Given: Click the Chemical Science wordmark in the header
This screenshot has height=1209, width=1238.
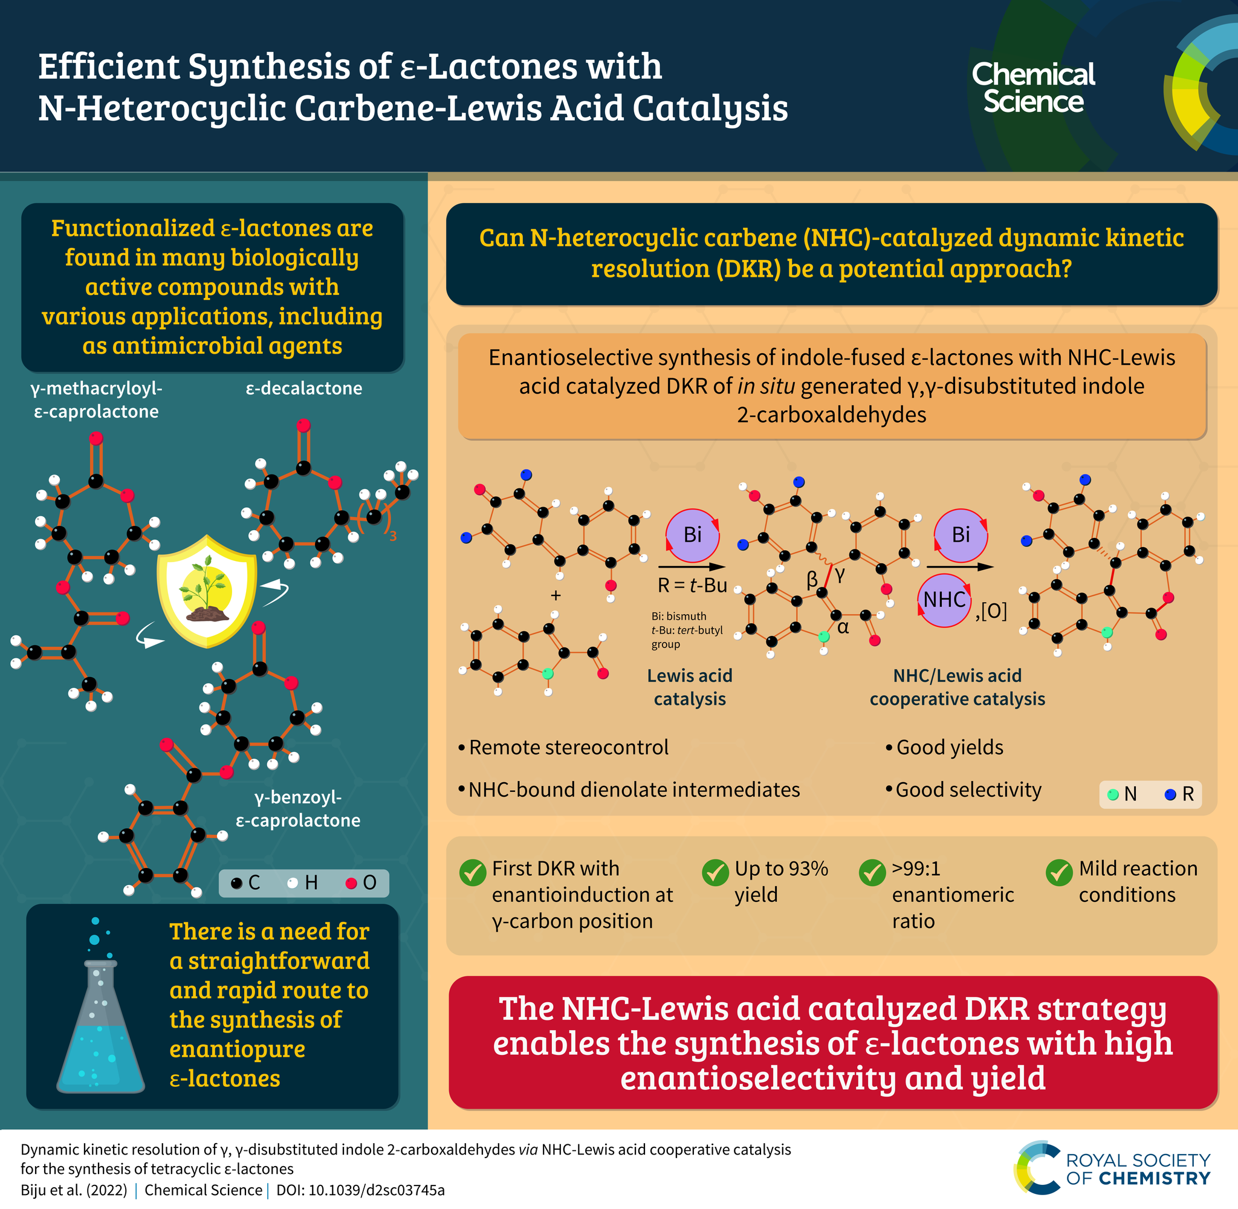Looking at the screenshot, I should [x=1033, y=88].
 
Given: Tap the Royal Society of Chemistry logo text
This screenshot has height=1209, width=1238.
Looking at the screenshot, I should [x=1138, y=1169].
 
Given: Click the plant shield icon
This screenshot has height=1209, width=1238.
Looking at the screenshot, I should [x=206, y=591].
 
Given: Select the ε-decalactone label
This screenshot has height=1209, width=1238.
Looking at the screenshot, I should [x=303, y=388].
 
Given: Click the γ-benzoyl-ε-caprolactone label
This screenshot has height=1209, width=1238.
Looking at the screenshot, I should [x=298, y=808].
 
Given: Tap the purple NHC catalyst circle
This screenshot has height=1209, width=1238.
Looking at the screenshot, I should [x=944, y=600].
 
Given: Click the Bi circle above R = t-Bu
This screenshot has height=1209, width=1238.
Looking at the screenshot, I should [x=692, y=534].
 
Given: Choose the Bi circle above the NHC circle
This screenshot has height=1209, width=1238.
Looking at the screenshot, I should [x=961, y=534].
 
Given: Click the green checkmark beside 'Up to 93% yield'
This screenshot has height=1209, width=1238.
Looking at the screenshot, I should [x=715, y=872].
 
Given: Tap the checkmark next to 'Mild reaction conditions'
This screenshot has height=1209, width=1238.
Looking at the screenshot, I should [x=1059, y=872].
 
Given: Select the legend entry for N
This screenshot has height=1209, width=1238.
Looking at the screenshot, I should [x=1122, y=794].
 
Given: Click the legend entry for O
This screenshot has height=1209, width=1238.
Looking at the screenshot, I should [x=361, y=883].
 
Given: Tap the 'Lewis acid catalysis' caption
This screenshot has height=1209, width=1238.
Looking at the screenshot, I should [x=690, y=687].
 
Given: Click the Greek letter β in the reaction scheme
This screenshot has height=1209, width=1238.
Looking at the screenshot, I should [x=812, y=579].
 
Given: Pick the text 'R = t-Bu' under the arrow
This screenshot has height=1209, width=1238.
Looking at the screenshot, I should [x=692, y=585].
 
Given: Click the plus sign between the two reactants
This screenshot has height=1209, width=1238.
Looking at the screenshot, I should [x=556, y=595].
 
